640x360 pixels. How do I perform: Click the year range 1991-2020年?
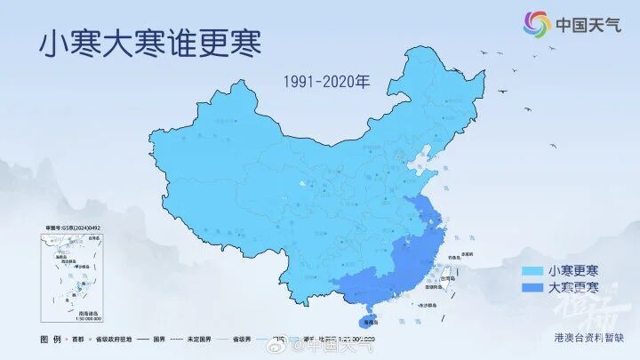[326, 82]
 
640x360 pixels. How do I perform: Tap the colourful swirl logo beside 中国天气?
[536, 25]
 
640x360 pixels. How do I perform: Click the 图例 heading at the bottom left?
[51, 339]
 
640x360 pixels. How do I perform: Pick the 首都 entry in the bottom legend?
[91, 339]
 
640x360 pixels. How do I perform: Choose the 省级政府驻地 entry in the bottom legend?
[133, 339]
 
